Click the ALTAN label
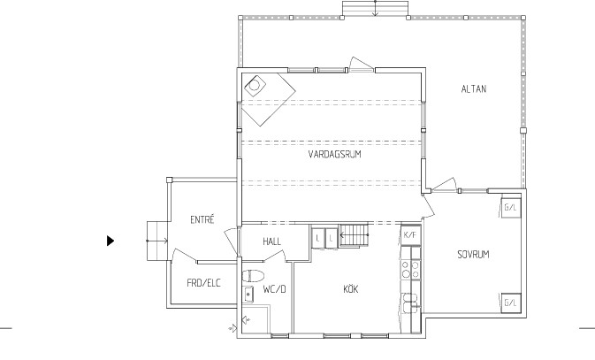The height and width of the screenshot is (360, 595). click(x=474, y=88)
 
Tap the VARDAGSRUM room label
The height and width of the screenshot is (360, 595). click(x=334, y=154)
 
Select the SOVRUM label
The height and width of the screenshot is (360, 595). click(x=473, y=255)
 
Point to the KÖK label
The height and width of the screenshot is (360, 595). click(x=351, y=289)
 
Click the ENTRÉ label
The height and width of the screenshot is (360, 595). click(x=202, y=219)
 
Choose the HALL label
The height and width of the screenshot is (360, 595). click(x=271, y=241)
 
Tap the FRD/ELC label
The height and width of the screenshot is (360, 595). click(x=203, y=283)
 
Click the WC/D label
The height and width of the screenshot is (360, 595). click(x=274, y=289)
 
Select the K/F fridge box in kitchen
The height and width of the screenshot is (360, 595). click(x=411, y=235)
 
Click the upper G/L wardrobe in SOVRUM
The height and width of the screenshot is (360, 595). click(x=511, y=207)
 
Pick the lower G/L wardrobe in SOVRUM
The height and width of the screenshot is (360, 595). click(x=511, y=303)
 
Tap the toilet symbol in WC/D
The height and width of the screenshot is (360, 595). click(x=253, y=276)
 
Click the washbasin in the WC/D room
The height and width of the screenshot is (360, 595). click(x=248, y=295)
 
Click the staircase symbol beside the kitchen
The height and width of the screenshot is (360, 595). click(x=354, y=235)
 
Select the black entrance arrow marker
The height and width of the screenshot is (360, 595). click(x=111, y=241)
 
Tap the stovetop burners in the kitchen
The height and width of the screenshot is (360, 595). click(x=411, y=269)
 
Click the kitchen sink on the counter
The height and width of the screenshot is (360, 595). click(x=411, y=303)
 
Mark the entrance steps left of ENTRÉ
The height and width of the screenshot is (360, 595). click(x=157, y=241)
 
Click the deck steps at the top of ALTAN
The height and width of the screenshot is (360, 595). click(x=375, y=8)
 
